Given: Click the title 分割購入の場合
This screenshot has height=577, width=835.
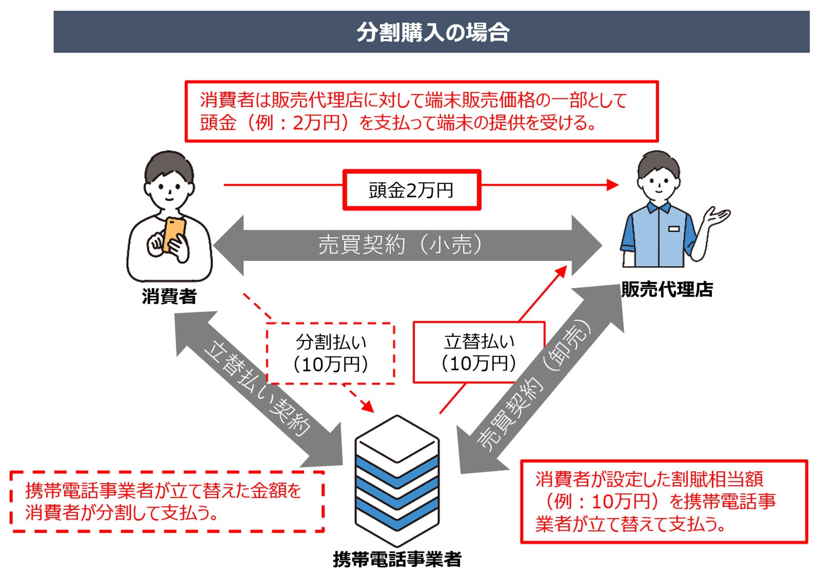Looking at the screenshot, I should pyautogui.click(x=432, y=32).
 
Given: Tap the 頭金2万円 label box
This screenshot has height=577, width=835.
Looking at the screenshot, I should pyautogui.click(x=411, y=190).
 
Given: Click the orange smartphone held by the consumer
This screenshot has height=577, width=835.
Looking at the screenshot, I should pyautogui.click(x=174, y=233).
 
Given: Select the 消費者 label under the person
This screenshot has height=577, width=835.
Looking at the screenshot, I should pyautogui.click(x=169, y=296).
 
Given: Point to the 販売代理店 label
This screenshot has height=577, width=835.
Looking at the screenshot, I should pyautogui.click(x=666, y=289).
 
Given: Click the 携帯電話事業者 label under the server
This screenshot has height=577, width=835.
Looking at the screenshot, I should pyautogui.click(x=397, y=559).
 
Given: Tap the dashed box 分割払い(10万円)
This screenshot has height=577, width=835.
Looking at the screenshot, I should pyautogui.click(x=331, y=353).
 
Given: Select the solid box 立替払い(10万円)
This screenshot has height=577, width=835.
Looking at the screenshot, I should pyautogui.click(x=479, y=353).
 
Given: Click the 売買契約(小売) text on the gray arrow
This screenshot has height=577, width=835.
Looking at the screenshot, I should pyautogui.click(x=400, y=245).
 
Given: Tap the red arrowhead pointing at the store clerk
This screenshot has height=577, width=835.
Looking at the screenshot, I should pyautogui.click(x=613, y=185).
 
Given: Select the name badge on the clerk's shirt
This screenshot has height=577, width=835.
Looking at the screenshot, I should pyautogui.click(x=674, y=228).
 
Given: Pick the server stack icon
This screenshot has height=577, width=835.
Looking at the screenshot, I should pyautogui.click(x=397, y=480).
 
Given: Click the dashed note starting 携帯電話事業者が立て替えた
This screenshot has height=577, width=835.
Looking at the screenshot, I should pyautogui.click(x=167, y=502).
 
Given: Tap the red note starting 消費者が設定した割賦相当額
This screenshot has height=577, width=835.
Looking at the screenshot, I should pyautogui.click(x=664, y=502).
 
